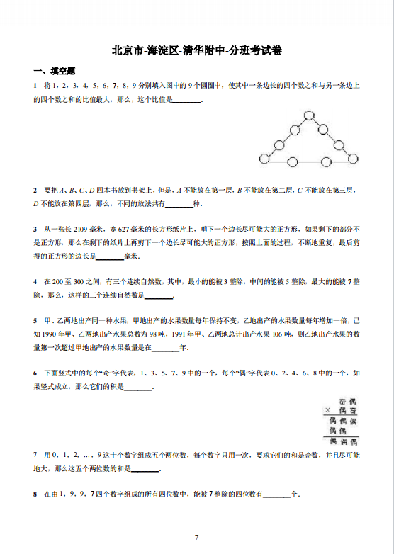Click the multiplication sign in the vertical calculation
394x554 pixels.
[328, 409]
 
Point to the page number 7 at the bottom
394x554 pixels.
[196, 537]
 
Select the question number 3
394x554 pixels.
[35, 229]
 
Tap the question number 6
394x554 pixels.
[35, 372]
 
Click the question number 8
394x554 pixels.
[35, 493]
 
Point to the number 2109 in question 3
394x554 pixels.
[80, 229]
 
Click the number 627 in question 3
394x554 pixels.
[123, 229]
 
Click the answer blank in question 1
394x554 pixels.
[187, 100]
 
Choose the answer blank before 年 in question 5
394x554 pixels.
[166, 347]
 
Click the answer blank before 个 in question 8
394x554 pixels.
[276, 494]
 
